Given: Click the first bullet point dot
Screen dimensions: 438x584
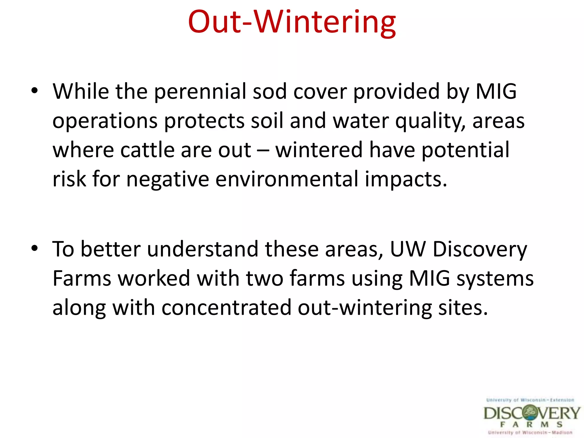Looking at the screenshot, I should coord(35,91).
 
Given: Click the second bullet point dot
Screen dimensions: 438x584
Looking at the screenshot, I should coord(35,248).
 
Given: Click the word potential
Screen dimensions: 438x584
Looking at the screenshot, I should coord(465,150).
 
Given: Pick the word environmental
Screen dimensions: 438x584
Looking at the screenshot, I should coord(287,179).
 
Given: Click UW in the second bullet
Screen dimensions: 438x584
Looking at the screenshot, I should coord(407,249).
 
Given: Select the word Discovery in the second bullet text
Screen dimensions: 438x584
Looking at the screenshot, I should coord(480,250).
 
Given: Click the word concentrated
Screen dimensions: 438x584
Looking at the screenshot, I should coord(226,308).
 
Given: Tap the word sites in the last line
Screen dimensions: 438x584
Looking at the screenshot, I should coord(463,308).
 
